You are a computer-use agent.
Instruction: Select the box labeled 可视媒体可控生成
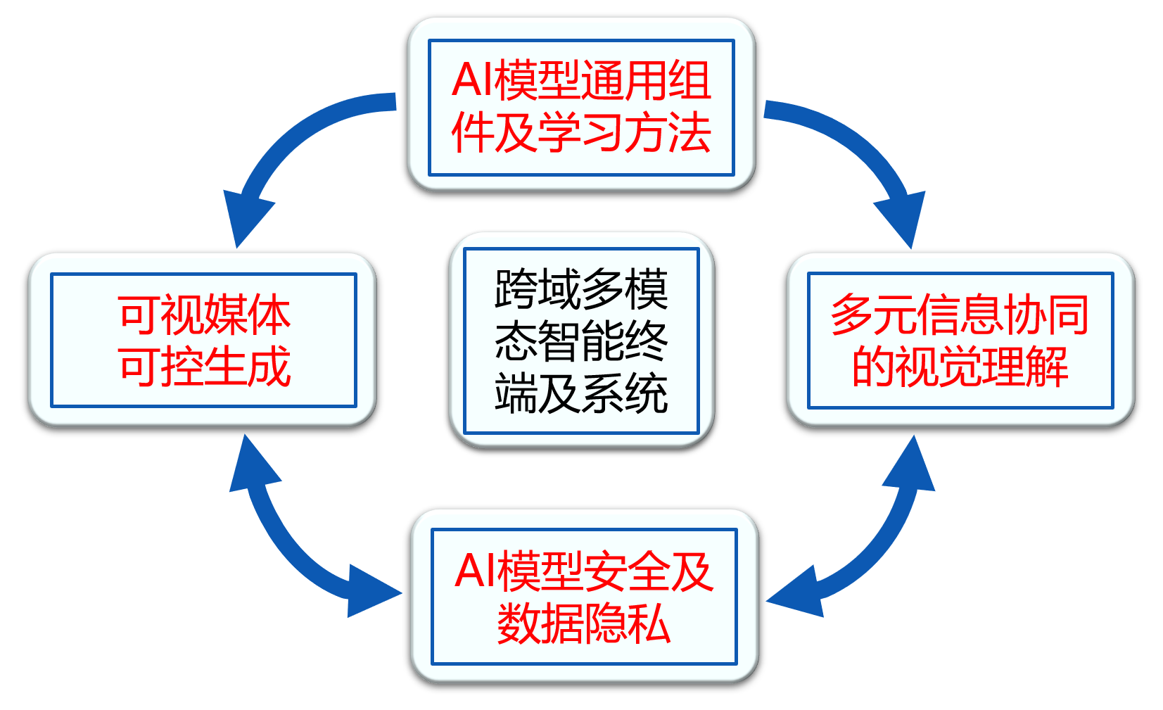[203, 340]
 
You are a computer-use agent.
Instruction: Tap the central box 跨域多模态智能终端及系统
[581, 341]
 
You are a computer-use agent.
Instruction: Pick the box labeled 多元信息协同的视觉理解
[960, 340]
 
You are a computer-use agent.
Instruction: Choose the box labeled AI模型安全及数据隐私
[584, 597]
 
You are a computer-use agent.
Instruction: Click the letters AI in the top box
[472, 80]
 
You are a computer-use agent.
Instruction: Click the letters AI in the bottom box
[475, 571]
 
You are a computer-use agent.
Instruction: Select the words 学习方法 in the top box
[625, 133]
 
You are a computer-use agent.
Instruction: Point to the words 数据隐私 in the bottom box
[584, 623]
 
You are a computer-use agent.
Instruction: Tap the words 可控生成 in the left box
[204, 367]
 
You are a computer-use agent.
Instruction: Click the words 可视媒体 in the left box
[204, 314]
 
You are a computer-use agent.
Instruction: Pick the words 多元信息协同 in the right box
[960, 314]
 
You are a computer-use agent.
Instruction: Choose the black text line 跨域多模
[581, 289]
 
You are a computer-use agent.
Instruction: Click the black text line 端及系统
[581, 393]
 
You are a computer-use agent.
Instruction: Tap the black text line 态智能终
[581, 341]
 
